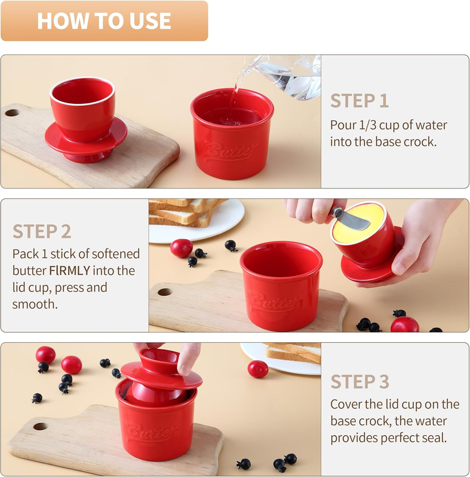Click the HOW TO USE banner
pyautogui.click(x=104, y=21)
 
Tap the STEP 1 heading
pyautogui.click(x=360, y=101)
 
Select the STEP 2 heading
pyautogui.click(x=42, y=231)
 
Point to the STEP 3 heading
pyautogui.click(x=360, y=382)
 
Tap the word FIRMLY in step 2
pyautogui.click(x=70, y=271)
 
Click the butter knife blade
pyautogui.click(x=354, y=220)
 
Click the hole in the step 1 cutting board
pyautogui.click(x=12, y=113)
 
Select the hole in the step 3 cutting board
pyautogui.click(x=41, y=426)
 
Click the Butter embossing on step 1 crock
pyautogui.click(x=231, y=151)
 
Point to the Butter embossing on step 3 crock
pyautogui.click(x=152, y=430)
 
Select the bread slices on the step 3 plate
pyautogui.click(x=293, y=353)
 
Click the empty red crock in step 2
pyautogui.click(x=281, y=286)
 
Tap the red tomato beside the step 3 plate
pyautogui.click(x=257, y=368)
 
